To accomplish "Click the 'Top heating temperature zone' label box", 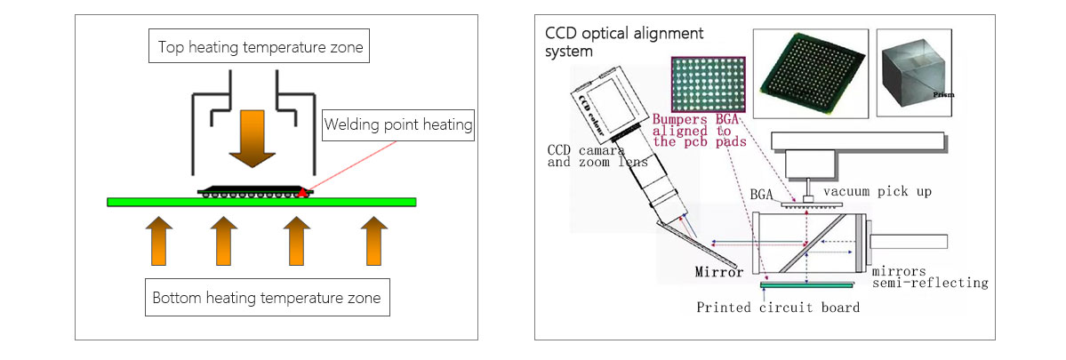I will [x=260, y=48].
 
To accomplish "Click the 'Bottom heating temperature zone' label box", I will [x=267, y=297].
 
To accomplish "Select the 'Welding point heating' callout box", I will [x=397, y=125].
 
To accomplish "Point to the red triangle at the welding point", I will [x=305, y=191].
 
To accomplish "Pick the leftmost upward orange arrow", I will [x=157, y=239].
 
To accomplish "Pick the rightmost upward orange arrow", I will [x=375, y=239].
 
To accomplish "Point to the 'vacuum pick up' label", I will [x=877, y=191].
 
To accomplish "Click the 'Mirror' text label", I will [x=718, y=272].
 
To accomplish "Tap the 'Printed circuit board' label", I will [x=777, y=308].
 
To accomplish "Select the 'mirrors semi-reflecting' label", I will [x=929, y=276].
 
